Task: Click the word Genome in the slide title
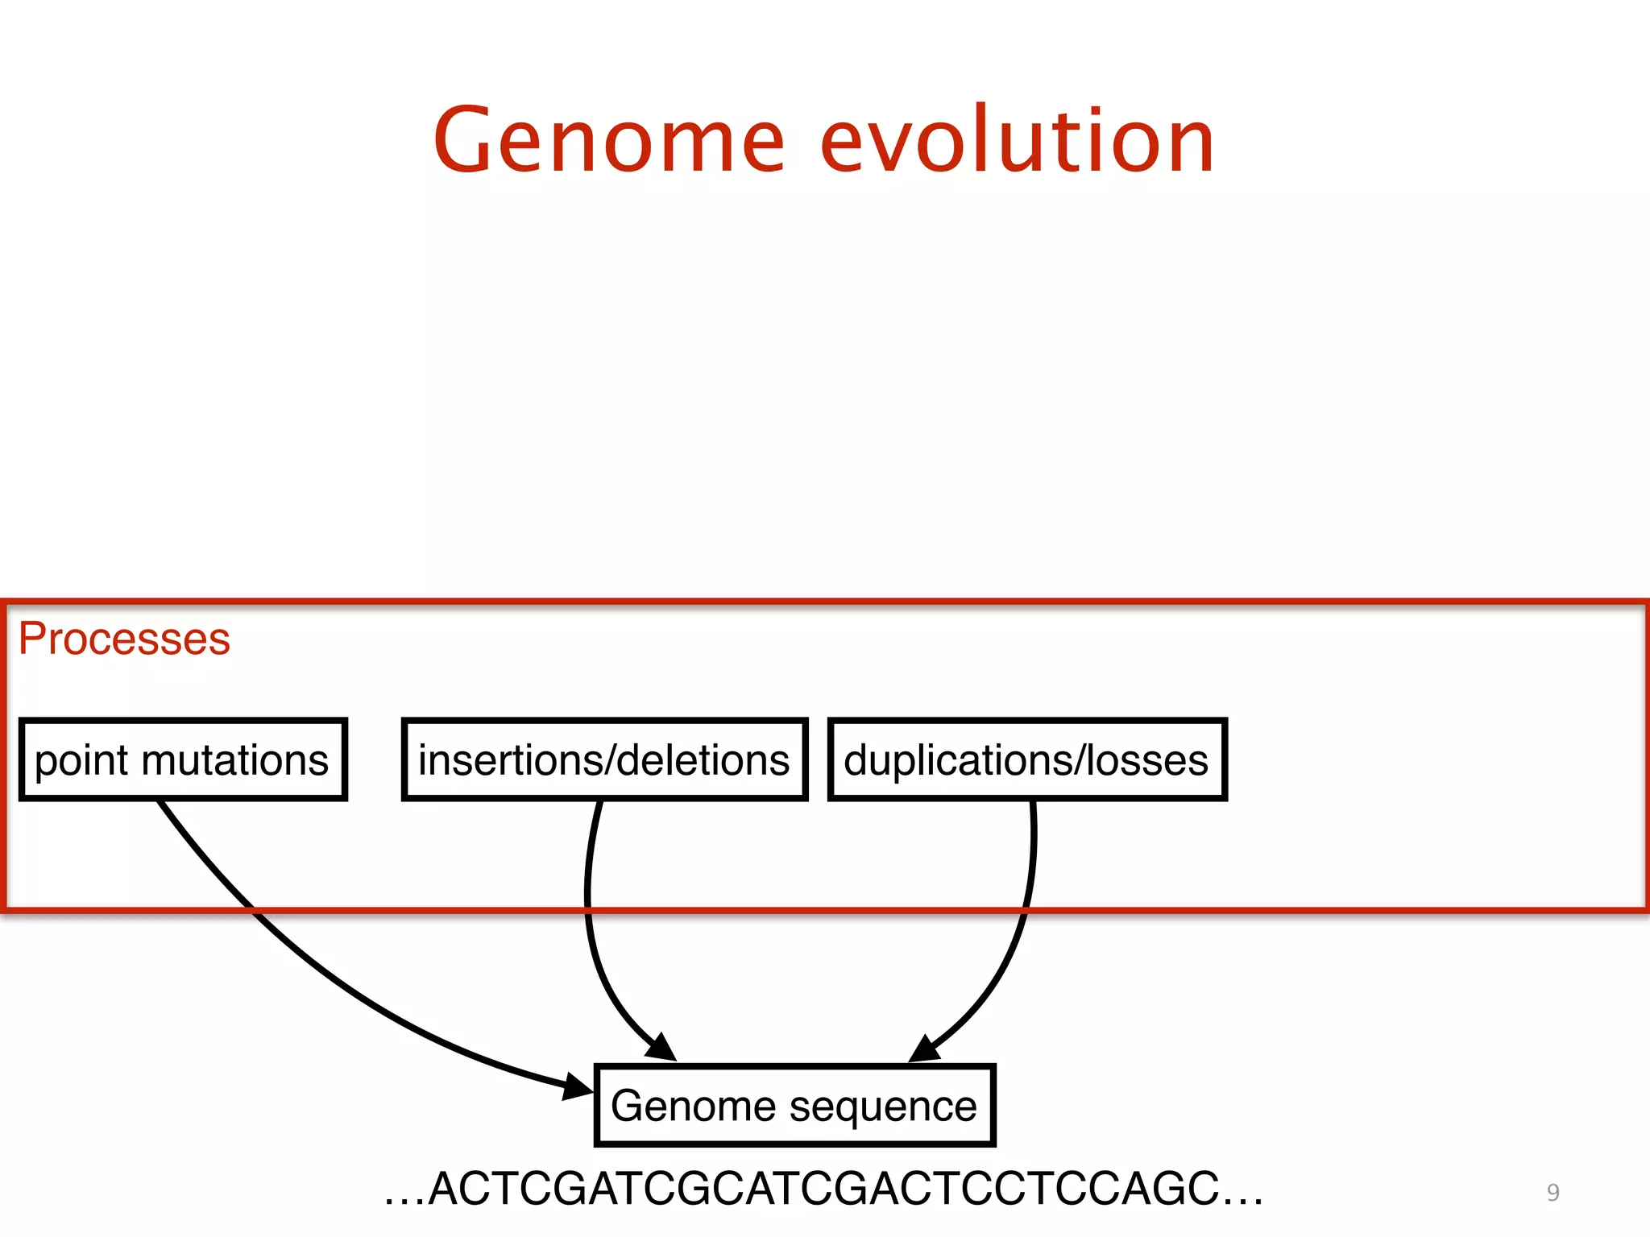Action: tap(609, 142)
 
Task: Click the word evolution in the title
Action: tap(1017, 142)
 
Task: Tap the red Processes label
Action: tap(124, 639)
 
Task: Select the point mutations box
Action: tap(183, 759)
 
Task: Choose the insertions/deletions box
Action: tap(604, 759)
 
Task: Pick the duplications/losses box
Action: tap(1027, 759)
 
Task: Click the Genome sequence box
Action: tap(794, 1106)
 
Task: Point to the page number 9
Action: tap(1553, 1193)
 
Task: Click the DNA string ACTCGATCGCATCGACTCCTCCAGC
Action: tap(823, 1189)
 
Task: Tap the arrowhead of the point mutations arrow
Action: tap(578, 1087)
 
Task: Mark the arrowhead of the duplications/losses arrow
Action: tap(925, 1049)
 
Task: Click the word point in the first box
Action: tap(81, 761)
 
